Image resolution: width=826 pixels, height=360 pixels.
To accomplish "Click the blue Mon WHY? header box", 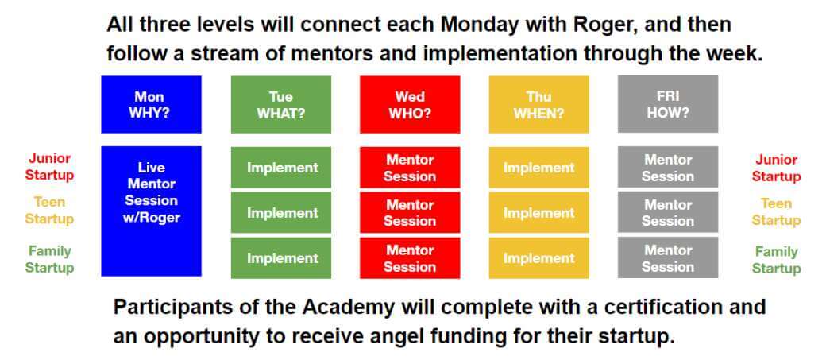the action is pos(151,104).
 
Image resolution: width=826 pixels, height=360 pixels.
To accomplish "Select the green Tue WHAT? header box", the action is pos(281,104).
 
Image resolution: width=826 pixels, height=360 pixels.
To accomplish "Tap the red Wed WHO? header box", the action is pos(410,104).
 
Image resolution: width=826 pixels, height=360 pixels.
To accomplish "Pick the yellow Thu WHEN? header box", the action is pos(539,104).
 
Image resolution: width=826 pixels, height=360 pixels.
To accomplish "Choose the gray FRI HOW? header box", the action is pos(668,104).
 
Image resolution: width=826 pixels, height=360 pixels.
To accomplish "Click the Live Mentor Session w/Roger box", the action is pos(151,211).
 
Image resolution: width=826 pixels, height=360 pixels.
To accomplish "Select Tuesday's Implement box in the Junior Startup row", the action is pos(281,167).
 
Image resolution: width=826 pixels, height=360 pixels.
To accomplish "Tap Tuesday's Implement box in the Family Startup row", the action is pos(281,257).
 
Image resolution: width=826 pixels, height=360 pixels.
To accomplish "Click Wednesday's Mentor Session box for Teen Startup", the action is pos(410,212).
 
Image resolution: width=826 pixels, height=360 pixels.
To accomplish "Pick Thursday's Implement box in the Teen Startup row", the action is pos(539,212).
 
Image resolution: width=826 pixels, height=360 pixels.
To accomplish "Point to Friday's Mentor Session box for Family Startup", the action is pos(668,257).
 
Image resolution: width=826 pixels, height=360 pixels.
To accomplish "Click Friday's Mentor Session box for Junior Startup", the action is pos(668,167).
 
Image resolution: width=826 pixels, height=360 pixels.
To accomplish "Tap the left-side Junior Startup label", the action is pos(49,167).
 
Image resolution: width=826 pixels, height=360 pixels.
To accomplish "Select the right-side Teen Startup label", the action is pos(776,211).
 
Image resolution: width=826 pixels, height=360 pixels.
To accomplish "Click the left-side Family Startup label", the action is pos(49,259).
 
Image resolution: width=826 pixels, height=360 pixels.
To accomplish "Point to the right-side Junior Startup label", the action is pos(776,168).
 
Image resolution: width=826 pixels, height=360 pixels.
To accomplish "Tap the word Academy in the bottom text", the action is pos(357,308).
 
